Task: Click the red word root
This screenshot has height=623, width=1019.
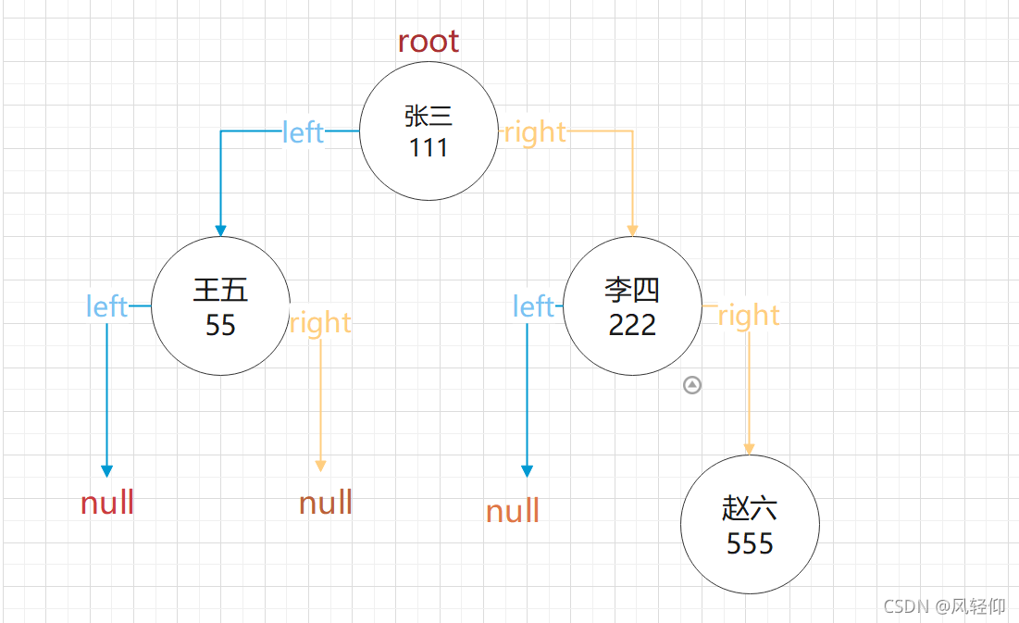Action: pos(428,42)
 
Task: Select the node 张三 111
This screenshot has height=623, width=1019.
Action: pos(429,131)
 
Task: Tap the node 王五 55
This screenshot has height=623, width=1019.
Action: pos(220,305)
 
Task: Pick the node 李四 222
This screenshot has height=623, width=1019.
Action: pos(632,305)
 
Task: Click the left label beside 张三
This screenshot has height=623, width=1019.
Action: pos(303,132)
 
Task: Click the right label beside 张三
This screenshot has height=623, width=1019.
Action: pos(534,132)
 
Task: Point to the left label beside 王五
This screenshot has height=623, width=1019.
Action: pos(106,306)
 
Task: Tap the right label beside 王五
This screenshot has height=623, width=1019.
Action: pos(320,323)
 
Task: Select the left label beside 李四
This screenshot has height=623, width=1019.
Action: pos(533,306)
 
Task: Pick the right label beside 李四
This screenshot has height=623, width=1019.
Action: pos(749,316)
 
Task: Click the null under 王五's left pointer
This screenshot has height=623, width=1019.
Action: pos(107,504)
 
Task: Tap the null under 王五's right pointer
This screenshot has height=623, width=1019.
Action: pos(326,504)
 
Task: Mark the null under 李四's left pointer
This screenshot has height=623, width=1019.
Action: pos(513,511)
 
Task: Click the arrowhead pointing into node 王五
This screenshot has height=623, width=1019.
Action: pos(220,230)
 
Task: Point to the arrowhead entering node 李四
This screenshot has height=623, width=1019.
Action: pos(633,230)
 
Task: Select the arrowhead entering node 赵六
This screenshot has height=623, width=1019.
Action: pos(749,448)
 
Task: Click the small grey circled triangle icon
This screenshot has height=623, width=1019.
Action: pos(692,385)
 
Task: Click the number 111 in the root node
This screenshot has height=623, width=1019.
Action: pos(429,147)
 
